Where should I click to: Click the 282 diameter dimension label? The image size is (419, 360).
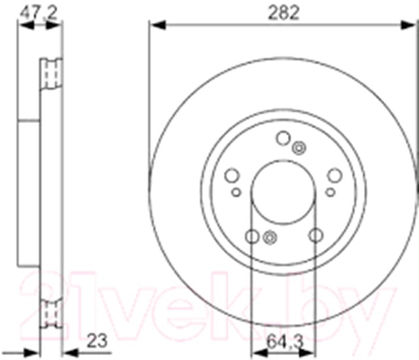(x=283, y=11)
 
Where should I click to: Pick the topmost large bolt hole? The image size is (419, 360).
(x=283, y=137)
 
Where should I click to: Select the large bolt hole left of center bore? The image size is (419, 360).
(x=231, y=175)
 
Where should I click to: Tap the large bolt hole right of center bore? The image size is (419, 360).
(x=335, y=175)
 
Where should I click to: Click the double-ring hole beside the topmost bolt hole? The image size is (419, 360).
(x=299, y=148)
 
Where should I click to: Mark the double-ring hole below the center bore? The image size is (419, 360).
(x=268, y=237)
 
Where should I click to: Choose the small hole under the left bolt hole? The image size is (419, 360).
(x=236, y=192)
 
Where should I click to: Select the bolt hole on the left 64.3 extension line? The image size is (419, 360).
(x=251, y=236)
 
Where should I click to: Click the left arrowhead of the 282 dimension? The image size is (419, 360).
(x=155, y=25)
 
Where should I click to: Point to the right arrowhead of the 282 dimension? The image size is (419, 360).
(x=410, y=25)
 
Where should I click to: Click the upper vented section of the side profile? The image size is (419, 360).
(x=52, y=73)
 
